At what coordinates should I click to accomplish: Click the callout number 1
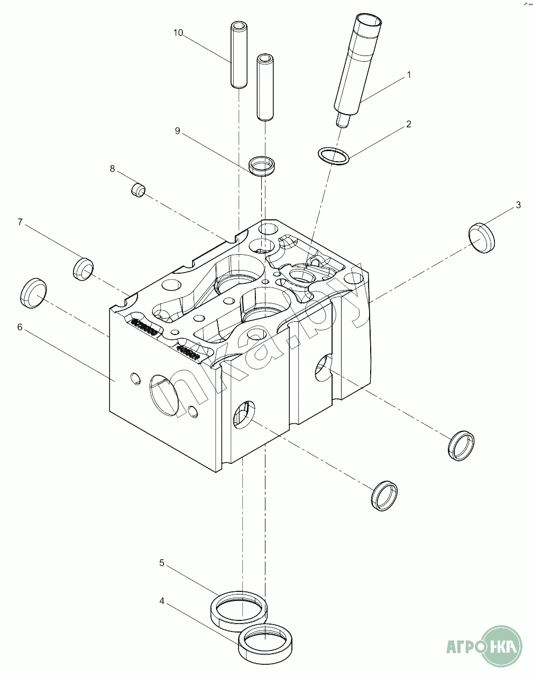tap(408, 76)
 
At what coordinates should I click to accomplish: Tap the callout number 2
tap(408, 125)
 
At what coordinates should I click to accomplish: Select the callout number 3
tap(518, 205)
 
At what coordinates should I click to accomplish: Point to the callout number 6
tap(20, 327)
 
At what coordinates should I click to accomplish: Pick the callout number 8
tap(112, 169)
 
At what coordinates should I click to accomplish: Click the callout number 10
tap(178, 33)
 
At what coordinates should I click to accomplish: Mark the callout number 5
tap(162, 563)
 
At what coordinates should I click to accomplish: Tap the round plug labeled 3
tap(483, 237)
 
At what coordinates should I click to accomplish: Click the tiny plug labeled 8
tap(138, 189)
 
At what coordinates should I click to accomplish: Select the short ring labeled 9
tap(262, 166)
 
